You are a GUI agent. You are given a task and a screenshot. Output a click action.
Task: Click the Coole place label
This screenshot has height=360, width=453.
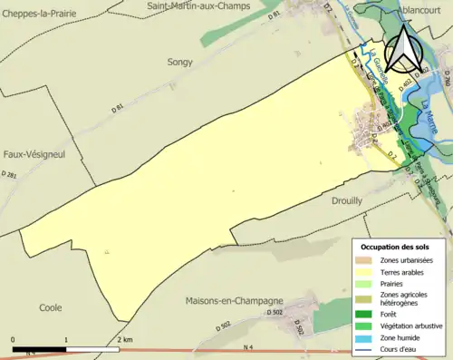tap(51, 307)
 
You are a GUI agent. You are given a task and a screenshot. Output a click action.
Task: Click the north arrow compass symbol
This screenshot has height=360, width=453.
tap(402, 51)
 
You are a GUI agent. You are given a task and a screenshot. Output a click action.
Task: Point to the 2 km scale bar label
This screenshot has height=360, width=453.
tap(125, 339)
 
